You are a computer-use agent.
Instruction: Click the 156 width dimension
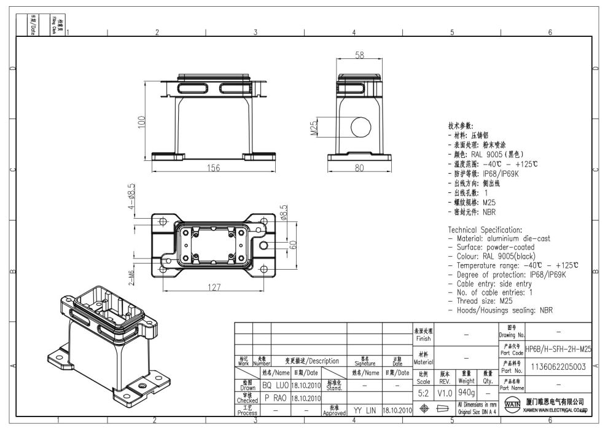pos(212,170)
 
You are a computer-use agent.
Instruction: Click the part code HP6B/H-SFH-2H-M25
pos(559,348)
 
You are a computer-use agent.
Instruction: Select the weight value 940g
pos(467,392)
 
